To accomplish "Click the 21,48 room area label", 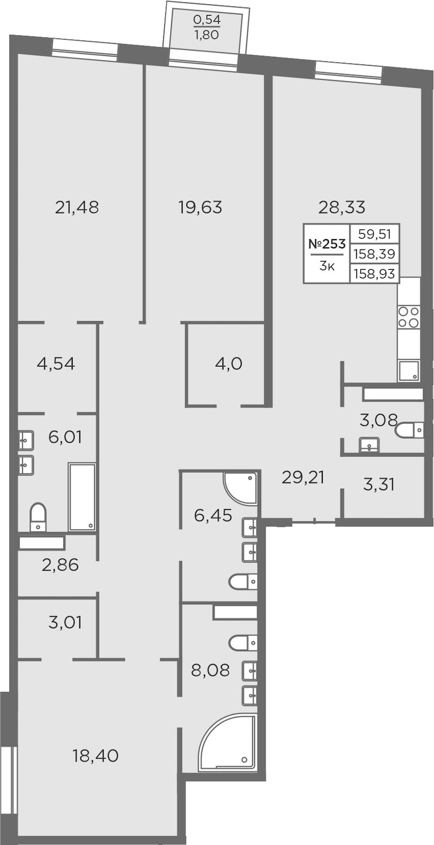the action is coord(76,208).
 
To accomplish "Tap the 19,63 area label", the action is coord(200,208).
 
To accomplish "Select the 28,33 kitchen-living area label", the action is coord(342,208).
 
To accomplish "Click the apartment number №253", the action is coord(327,244).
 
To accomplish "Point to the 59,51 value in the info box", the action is coord(374,234).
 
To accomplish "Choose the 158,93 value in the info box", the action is coord(374,273).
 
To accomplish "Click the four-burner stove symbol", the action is coord(409,317).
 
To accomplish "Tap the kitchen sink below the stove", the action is coord(409,371).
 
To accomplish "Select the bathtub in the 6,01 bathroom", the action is coord(82,496).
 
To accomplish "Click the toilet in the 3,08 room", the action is coord(410,430).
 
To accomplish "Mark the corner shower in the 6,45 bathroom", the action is coord(240,488).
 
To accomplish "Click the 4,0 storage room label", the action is coord(228,364).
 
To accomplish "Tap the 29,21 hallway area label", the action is coord(303,478).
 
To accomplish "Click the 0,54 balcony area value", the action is coord(207,19).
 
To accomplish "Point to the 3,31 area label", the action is coord(379,485).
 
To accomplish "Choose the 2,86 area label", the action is coord(60,565).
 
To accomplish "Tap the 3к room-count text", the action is coord(327,266).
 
